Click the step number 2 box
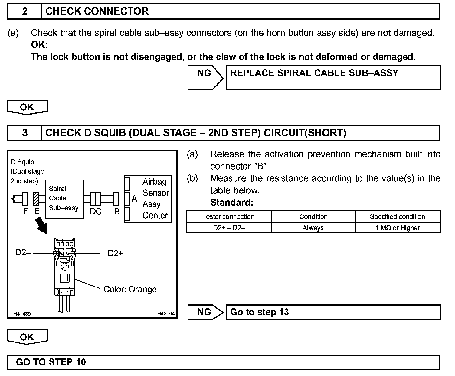click(25, 11)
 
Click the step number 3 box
click(25, 133)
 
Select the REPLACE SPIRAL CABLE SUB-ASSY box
click(333, 78)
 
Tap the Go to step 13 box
click(333, 312)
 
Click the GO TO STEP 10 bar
click(224, 362)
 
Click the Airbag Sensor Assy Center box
click(148, 199)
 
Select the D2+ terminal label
click(115, 253)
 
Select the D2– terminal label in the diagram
click(23, 253)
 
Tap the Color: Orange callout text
click(130, 290)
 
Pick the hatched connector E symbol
click(37, 199)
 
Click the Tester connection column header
click(229, 217)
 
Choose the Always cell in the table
click(313, 228)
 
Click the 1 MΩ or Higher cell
click(398, 228)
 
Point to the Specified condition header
click(397, 217)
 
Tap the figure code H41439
click(22, 314)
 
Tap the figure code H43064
click(166, 314)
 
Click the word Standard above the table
click(231, 203)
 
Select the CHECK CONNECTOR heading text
click(97, 11)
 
